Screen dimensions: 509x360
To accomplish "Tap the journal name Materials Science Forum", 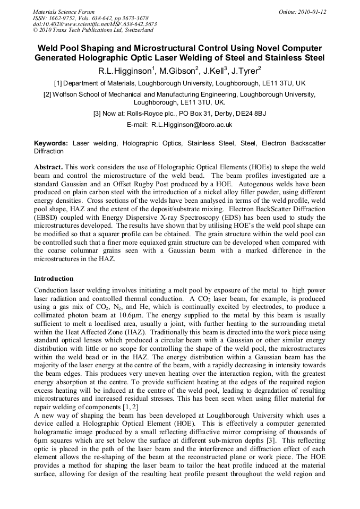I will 64,11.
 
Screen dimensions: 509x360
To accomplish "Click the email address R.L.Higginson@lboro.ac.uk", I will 192,125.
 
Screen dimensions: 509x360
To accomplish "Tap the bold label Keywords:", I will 51,143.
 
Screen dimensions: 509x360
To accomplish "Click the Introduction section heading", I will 54,278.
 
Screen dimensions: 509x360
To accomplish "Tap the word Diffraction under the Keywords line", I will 48,151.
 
